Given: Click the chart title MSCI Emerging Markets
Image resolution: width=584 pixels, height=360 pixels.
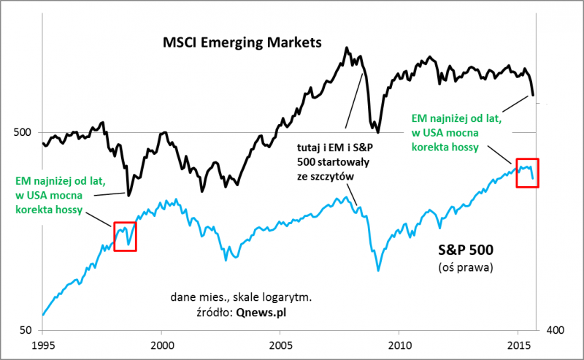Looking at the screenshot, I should pos(242,43).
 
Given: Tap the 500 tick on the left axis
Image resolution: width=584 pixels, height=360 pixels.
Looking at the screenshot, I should pos(25,132).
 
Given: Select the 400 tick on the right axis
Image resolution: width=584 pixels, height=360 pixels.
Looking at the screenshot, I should pos(555,331).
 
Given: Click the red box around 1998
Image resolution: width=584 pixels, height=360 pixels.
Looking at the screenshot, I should pos(126,234).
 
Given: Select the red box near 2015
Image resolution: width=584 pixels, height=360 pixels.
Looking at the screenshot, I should pos(527,173).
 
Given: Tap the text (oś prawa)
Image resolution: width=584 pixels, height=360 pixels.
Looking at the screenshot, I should pos(467,267).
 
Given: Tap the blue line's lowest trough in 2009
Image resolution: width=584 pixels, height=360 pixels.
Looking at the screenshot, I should pos(378,270).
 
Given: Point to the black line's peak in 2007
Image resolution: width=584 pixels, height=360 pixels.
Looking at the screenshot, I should pos(346,48).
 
